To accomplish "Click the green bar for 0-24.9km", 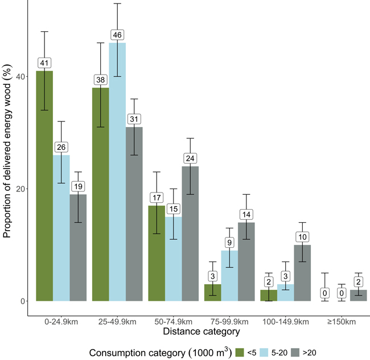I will click(45, 188).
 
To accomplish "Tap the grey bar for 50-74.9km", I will click(190, 234).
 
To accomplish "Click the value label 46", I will click(117, 35).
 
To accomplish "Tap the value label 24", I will click(190, 158).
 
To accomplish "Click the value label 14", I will click(246, 214).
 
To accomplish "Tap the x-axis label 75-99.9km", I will click(229, 322).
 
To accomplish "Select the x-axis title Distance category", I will click(192, 331).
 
